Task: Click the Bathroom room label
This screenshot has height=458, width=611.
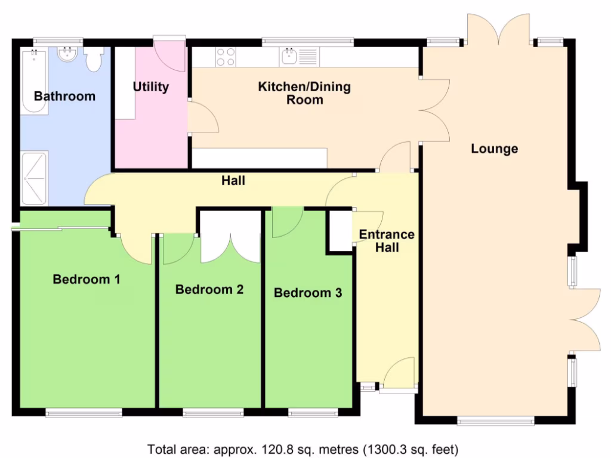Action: pyautogui.click(x=64, y=96)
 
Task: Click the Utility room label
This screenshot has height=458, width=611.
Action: pyautogui.click(x=150, y=87)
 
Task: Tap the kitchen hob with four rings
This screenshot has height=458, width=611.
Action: pyautogui.click(x=225, y=57)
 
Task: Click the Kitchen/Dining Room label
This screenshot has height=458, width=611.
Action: pyautogui.click(x=304, y=93)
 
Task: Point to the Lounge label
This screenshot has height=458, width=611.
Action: pyautogui.click(x=494, y=148)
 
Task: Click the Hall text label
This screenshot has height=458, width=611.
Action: pyautogui.click(x=233, y=180)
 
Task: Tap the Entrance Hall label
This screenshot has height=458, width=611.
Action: pyautogui.click(x=387, y=240)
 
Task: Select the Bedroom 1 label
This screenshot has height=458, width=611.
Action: pyautogui.click(x=87, y=279)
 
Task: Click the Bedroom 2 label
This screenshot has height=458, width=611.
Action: pyautogui.click(x=209, y=290)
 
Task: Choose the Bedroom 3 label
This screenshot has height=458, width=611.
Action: pyautogui.click(x=308, y=293)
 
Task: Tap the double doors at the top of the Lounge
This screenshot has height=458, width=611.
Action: pyautogui.click(x=498, y=30)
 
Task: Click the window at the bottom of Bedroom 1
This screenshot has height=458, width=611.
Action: pyautogui.click(x=84, y=412)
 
